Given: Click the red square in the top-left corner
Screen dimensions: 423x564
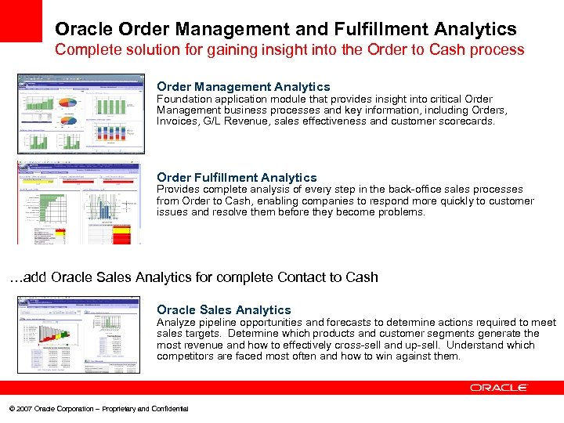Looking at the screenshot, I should tap(20, 20).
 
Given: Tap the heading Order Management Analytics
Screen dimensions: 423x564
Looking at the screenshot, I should tap(243, 87).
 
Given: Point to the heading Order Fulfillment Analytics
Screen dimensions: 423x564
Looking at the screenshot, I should tap(237, 178).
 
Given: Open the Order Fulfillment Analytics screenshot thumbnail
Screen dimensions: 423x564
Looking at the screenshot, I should tap(80, 203).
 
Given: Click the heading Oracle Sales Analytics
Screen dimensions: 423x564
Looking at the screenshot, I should tap(223, 310).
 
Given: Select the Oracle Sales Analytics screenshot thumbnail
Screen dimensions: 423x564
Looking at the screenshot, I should tap(80, 334).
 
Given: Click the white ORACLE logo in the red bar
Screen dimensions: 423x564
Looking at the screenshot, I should tap(499, 388).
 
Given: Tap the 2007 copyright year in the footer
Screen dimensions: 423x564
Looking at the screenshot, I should tap(24, 409).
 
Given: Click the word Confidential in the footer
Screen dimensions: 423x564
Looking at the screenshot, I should tap(168, 409).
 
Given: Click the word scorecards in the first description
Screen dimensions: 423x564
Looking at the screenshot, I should tap(468, 121).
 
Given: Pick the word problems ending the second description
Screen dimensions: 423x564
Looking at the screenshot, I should tap(400, 212).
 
